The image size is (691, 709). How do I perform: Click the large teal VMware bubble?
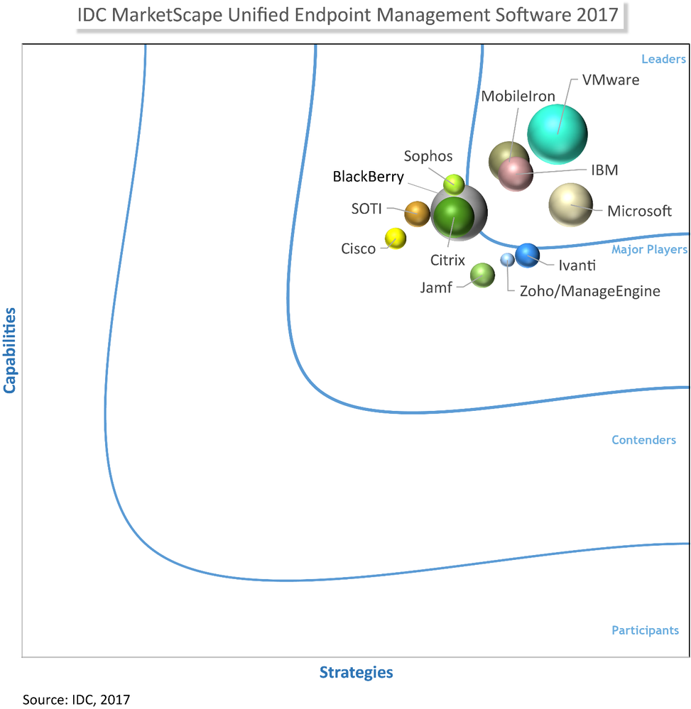(x=557, y=133)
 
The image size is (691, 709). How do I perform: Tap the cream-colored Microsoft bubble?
(x=570, y=205)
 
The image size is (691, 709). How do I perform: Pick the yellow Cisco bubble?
(x=395, y=238)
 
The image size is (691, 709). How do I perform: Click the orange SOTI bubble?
(x=417, y=213)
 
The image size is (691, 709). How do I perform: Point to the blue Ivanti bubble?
(x=527, y=255)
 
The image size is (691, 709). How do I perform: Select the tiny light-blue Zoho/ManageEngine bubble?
(x=506, y=260)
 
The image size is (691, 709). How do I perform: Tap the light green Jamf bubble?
(x=482, y=275)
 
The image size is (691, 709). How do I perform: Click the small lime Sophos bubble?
(x=454, y=185)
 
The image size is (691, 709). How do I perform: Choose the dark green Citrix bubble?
(x=453, y=217)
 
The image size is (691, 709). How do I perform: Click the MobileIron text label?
(x=518, y=97)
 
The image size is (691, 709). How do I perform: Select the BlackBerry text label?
(x=368, y=177)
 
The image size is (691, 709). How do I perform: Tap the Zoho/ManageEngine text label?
(x=589, y=291)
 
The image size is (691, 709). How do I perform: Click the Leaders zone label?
(x=663, y=59)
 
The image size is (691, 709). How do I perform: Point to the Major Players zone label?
(x=649, y=249)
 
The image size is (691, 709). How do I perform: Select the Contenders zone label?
(x=643, y=440)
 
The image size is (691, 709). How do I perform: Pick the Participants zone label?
(x=645, y=630)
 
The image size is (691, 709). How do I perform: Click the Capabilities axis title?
(x=10, y=350)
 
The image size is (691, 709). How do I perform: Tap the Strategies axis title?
(x=356, y=672)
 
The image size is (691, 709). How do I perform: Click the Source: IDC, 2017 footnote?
(x=77, y=699)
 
